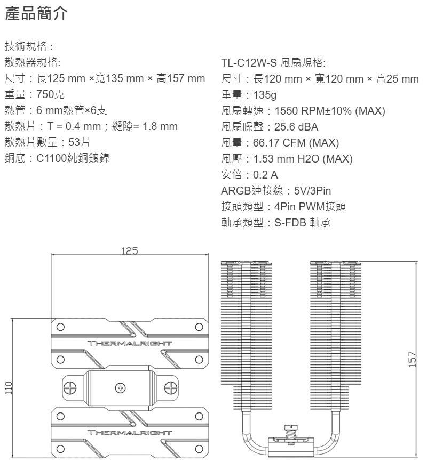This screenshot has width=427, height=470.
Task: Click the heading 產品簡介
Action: [x=36, y=14]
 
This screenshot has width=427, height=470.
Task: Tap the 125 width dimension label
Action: [x=128, y=250]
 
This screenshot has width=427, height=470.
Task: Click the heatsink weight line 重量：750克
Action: [x=35, y=95]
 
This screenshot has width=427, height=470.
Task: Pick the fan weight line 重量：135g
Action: [x=249, y=95]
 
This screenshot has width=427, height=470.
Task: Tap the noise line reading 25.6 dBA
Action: [x=270, y=127]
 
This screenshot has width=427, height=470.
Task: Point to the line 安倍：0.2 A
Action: [x=249, y=174]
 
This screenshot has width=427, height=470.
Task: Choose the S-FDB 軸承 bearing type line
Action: [x=276, y=222]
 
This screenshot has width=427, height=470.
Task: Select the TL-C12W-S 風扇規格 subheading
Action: [x=273, y=63]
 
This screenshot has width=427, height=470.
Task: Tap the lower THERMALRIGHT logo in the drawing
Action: [x=130, y=432]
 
